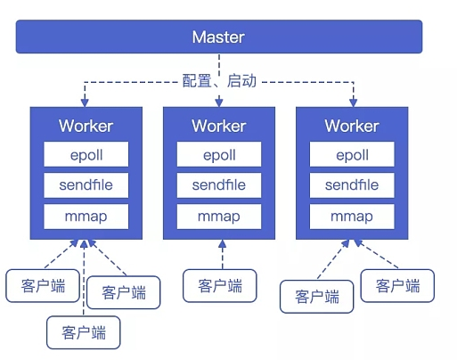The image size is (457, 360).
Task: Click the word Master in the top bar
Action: [x=218, y=37]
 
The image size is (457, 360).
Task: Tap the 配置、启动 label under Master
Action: [x=219, y=81]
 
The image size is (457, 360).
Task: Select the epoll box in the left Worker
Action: [x=86, y=154]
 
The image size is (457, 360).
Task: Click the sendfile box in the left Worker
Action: [x=86, y=185]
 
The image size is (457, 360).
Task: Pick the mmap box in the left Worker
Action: [x=86, y=217]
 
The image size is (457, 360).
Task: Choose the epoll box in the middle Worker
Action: [x=219, y=154]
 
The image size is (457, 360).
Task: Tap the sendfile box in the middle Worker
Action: [x=219, y=185]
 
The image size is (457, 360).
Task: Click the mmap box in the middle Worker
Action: [x=219, y=217]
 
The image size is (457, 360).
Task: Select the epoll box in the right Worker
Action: [x=352, y=154]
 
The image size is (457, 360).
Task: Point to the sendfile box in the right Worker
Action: [x=352, y=185]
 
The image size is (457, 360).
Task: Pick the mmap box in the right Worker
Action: [x=352, y=217]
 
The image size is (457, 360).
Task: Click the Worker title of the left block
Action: [x=86, y=126]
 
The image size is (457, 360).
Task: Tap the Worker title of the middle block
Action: [x=219, y=126]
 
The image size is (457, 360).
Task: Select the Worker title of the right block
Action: [x=352, y=126]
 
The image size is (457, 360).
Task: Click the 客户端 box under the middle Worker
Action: [x=220, y=286]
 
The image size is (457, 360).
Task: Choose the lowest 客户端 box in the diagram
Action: [x=84, y=332]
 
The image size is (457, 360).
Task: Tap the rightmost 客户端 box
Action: [x=397, y=286]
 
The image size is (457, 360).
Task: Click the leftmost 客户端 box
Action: [x=43, y=286]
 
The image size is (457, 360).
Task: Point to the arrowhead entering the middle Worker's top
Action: [x=219, y=102]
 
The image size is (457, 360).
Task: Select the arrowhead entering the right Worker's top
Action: [x=353, y=102]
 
